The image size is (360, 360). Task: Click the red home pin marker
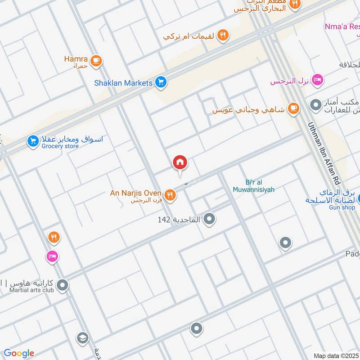click(x=180, y=163)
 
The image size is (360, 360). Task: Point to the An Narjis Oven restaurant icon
click(x=170, y=195)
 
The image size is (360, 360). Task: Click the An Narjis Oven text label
click(x=135, y=193)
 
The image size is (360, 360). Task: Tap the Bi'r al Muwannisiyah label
click(x=254, y=186)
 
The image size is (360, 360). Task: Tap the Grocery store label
click(x=60, y=146)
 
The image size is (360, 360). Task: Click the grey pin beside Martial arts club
click(x=63, y=285)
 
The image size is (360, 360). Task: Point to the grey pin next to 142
click(x=209, y=219)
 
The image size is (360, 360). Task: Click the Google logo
click(x=19, y=353)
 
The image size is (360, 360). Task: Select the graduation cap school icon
click(x=82, y=338)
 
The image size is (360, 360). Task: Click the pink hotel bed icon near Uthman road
click(x=318, y=81)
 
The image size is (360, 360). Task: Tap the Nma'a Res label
click(x=342, y=27)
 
